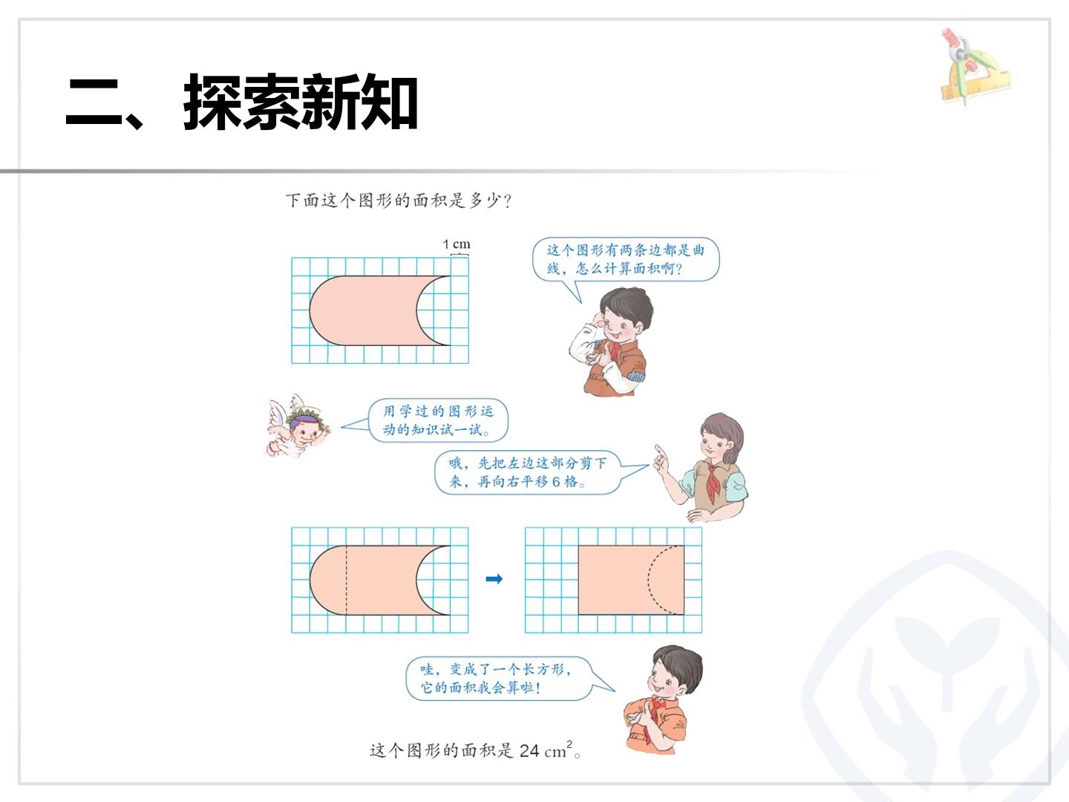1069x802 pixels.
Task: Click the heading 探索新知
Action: pos(301,102)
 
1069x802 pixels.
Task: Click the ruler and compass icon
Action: pos(973,66)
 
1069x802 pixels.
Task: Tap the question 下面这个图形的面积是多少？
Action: pos(399,200)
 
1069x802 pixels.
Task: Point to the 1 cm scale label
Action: pos(457,244)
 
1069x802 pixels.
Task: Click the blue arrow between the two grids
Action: pos(494,579)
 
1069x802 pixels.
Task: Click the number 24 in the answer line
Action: pos(529,751)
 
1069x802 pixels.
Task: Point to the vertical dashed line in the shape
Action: pos(346,580)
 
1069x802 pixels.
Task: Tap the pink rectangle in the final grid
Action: pos(631,580)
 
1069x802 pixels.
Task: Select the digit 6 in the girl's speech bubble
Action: pos(556,482)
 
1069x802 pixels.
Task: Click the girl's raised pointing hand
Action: pos(661,457)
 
